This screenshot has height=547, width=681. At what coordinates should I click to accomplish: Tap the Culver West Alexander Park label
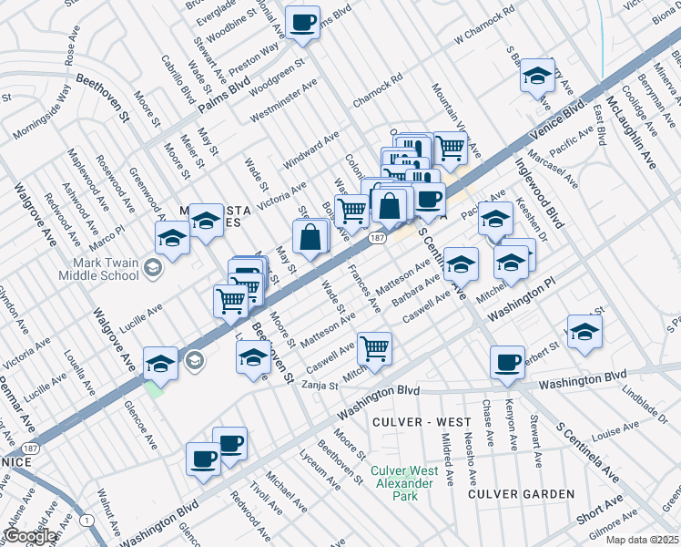coord(404,483)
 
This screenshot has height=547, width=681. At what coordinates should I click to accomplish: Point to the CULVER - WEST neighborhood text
coord(422,422)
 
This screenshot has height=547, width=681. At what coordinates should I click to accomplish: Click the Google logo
coord(30,537)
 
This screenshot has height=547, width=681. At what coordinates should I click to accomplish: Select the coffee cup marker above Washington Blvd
coord(506,361)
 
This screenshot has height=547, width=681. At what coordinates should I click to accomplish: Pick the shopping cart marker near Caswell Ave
coord(375,347)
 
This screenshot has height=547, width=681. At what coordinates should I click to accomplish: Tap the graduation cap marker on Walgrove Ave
coord(160,363)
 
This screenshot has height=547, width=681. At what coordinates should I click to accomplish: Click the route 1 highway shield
coord(87,520)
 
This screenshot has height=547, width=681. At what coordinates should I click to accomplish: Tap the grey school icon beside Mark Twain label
coord(153,267)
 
